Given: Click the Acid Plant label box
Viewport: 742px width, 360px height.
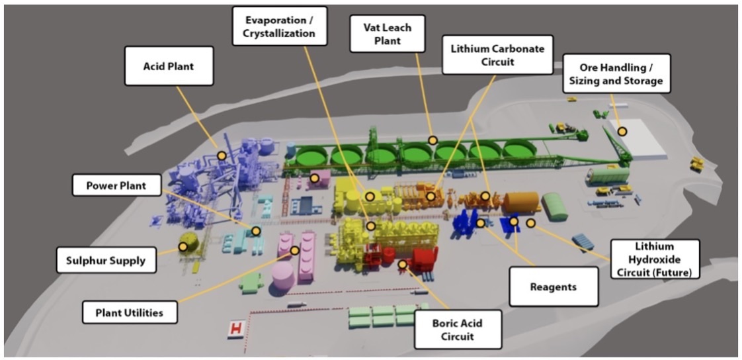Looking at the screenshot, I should click(168, 66).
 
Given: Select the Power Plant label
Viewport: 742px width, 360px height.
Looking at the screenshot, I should click(116, 185).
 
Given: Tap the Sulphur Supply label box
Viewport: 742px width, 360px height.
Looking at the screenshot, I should click(106, 259).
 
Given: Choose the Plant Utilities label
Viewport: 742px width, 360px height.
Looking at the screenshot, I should click(130, 311).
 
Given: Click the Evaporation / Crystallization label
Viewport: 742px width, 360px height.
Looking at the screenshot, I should click(280, 26).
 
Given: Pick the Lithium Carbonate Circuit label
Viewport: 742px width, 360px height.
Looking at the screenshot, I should click(497, 56).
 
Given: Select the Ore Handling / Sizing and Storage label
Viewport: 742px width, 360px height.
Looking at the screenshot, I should click(612, 73).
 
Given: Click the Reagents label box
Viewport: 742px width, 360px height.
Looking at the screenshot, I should click(554, 287).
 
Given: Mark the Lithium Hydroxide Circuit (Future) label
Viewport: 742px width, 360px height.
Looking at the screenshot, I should click(654, 259).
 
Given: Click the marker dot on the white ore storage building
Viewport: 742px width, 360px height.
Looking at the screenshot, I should click(622, 132).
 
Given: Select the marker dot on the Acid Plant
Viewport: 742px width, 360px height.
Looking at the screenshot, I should click(222, 156).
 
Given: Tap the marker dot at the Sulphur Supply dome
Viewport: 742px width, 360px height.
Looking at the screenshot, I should click(182, 247).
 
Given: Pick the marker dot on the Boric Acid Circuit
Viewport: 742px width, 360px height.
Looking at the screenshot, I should click(402, 264).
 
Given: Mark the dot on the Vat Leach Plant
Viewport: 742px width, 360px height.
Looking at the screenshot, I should click(433, 140).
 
